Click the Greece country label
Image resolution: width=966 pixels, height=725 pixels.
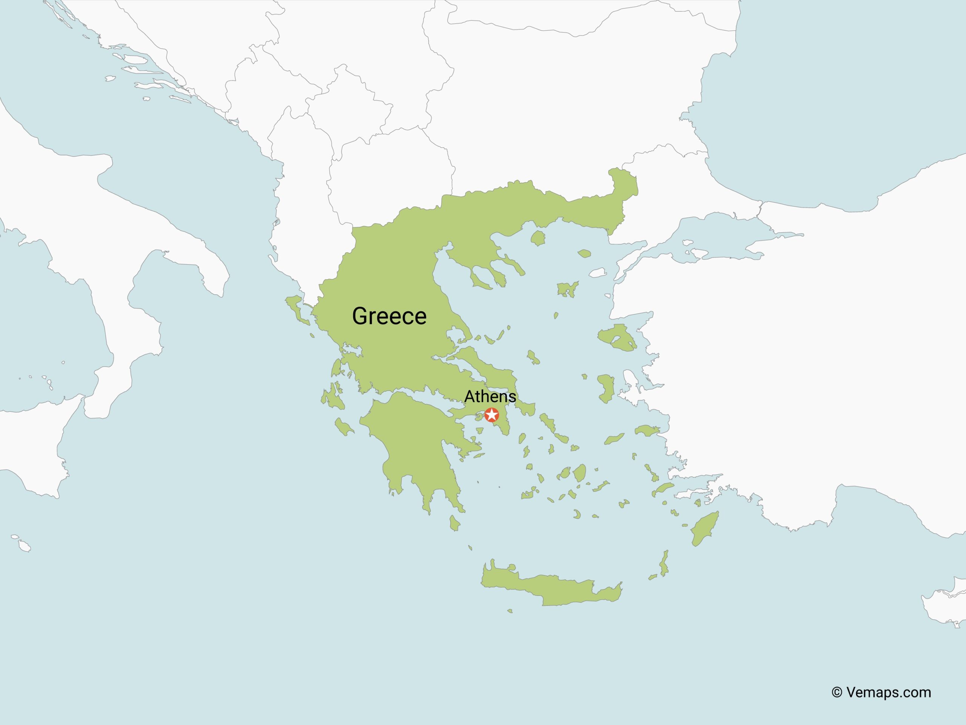(389, 316)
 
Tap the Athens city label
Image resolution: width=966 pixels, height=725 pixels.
(490, 396)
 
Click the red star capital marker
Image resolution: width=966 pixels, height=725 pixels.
(492, 415)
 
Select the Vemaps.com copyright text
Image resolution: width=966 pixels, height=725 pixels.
(881, 692)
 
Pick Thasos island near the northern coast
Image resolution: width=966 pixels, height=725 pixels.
(538, 238)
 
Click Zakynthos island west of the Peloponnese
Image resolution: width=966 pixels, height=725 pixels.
(344, 427)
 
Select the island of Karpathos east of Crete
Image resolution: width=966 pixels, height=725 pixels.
(664, 564)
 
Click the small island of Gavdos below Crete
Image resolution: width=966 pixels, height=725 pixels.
(510, 611)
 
